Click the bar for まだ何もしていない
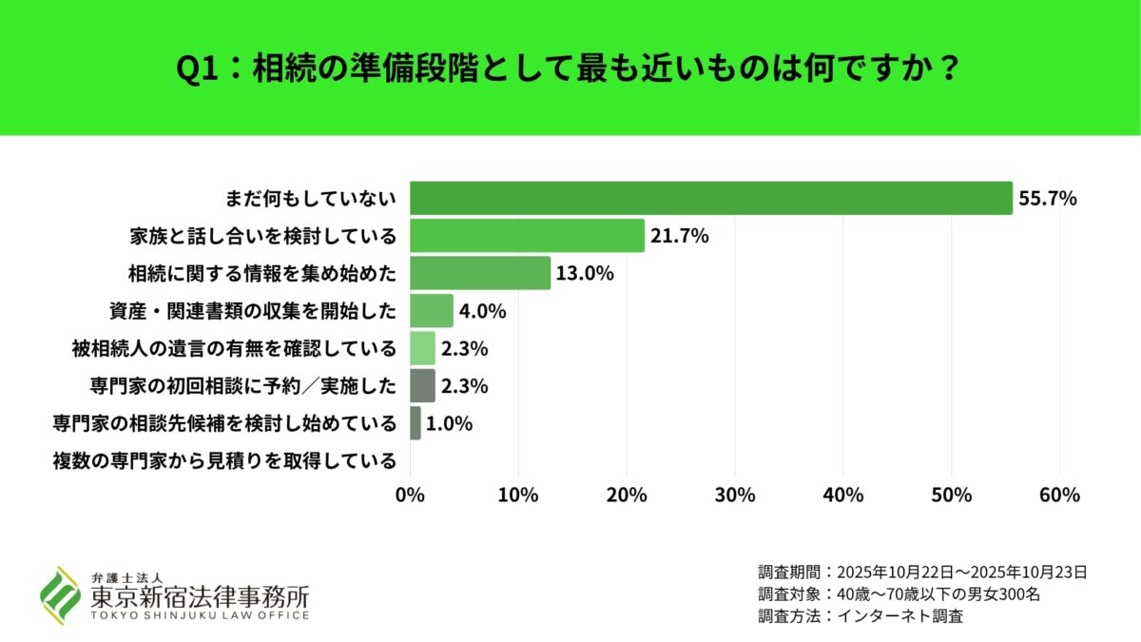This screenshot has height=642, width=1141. [710, 198]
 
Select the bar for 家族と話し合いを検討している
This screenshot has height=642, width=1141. [527, 235]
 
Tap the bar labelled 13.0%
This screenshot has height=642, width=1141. [480, 273]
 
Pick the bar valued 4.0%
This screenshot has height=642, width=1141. [432, 310]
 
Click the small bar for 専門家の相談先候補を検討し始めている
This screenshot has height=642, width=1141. [416, 423]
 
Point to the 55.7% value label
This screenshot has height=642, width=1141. [1047, 199]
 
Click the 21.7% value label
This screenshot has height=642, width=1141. [679, 236]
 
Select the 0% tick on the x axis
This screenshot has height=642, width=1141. [410, 496]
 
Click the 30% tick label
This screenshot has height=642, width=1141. [734, 496]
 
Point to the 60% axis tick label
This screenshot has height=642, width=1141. [1059, 496]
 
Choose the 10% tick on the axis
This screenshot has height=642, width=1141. [518, 496]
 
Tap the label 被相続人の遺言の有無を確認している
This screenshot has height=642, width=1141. [234, 348]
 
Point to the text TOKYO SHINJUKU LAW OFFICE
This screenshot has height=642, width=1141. [200, 615]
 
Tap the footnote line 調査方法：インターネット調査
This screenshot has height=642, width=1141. [861, 616]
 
